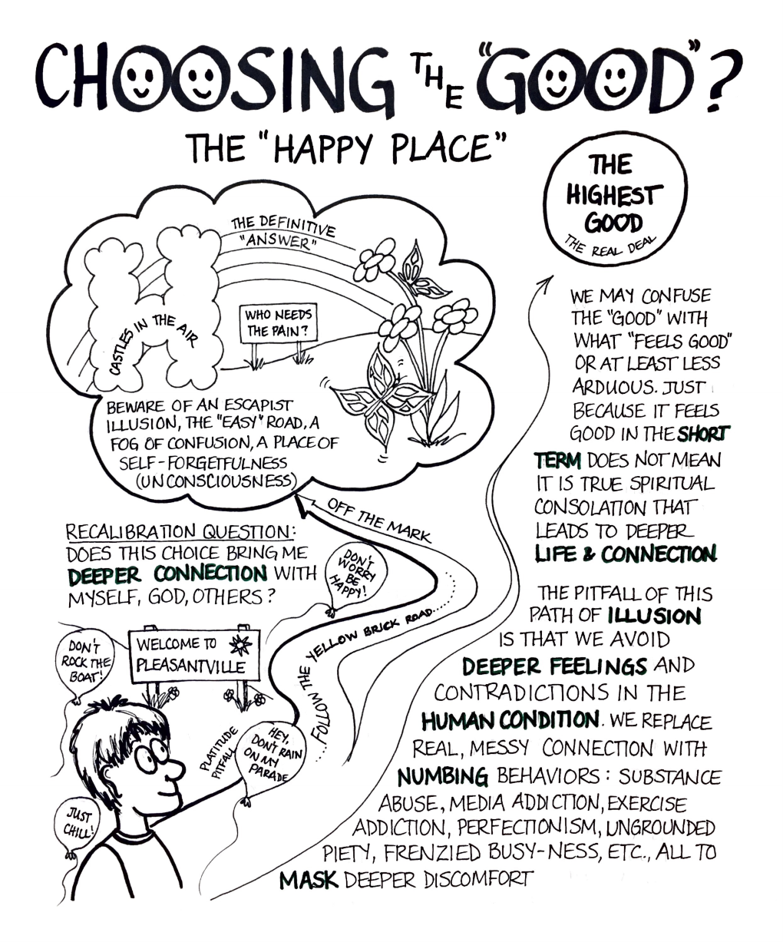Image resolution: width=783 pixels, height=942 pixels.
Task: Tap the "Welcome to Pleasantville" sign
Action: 195,654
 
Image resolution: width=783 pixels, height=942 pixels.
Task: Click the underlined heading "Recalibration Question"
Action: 180,531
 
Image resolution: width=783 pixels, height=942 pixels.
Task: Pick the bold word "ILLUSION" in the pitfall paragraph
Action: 655,616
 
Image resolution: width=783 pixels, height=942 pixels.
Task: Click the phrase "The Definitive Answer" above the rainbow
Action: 282,233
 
